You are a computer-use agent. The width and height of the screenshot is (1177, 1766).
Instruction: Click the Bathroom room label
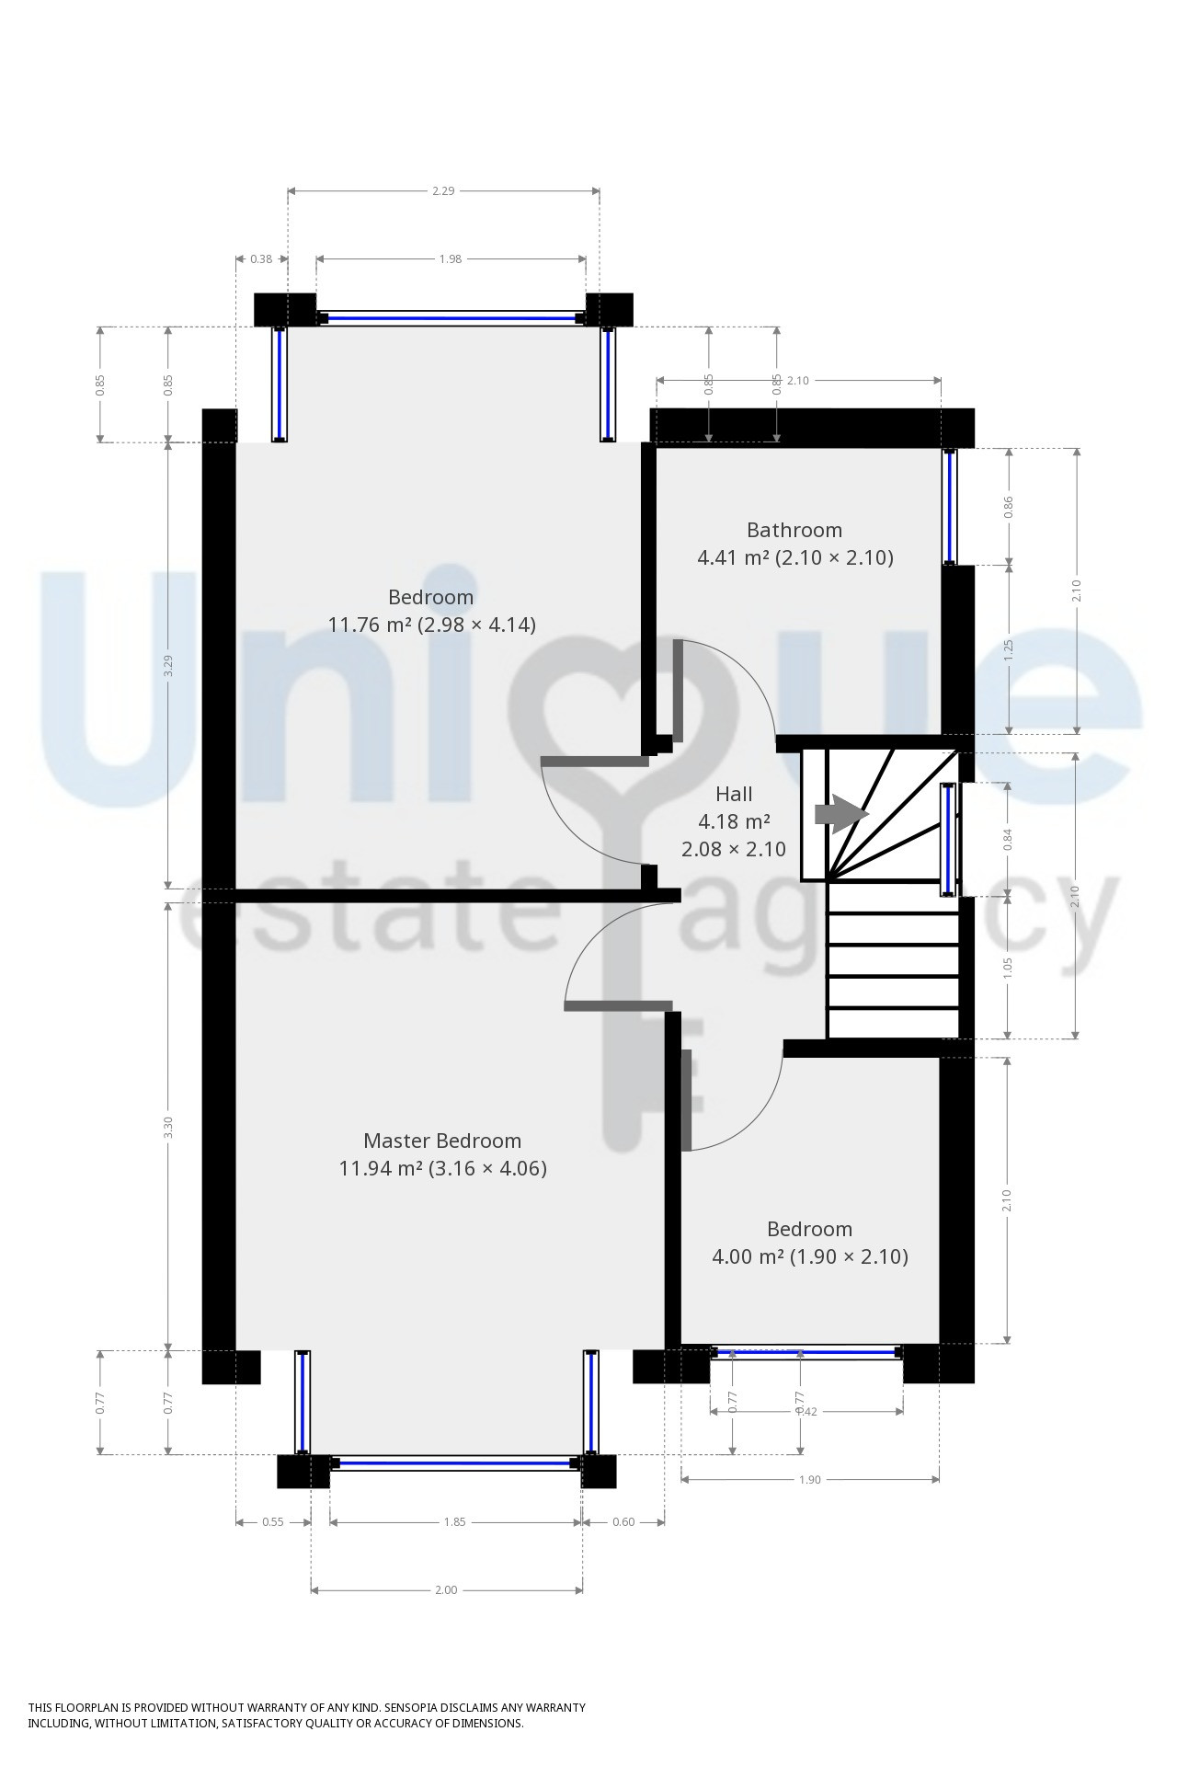[794, 530]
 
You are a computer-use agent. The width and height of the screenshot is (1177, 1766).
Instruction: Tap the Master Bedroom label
[442, 1141]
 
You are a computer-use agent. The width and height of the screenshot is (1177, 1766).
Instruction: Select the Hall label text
[734, 794]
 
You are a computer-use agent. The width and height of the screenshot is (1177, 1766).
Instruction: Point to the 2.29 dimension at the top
[443, 191]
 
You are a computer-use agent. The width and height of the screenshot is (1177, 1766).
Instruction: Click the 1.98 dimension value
[450, 259]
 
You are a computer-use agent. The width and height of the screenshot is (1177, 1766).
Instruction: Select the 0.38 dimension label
[261, 259]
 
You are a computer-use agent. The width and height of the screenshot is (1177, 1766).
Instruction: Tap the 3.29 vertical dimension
[167, 665]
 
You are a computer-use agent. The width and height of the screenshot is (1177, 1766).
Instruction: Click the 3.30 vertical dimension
[167, 1127]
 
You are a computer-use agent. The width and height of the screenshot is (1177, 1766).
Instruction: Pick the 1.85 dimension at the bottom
[455, 1521]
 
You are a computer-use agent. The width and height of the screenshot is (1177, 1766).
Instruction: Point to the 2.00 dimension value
[446, 1589]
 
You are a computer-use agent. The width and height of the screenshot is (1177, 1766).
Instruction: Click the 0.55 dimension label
[273, 1521]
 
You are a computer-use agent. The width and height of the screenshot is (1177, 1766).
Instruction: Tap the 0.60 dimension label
[623, 1521]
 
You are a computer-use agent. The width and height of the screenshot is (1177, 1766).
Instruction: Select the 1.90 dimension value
[809, 1479]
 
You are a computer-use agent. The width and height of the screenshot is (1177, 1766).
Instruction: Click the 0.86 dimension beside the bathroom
[1008, 506]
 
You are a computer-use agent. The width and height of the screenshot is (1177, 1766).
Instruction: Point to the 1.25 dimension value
[1008, 649]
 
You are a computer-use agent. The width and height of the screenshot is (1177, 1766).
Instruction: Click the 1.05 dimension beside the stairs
[1008, 967]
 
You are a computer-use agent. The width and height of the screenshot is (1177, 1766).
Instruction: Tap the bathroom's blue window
[950, 506]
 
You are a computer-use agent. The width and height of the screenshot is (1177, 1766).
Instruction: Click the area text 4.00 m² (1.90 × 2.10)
[810, 1256]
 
